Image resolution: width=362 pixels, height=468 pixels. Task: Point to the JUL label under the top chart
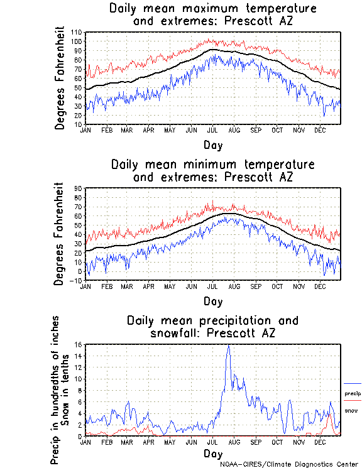[212, 131]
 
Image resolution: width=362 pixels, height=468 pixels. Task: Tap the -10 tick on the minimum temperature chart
[79, 281]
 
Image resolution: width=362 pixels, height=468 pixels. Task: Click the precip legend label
[353, 394]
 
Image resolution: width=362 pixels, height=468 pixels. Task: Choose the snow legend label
[351, 411]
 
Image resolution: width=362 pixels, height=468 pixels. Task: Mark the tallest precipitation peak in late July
[228, 346]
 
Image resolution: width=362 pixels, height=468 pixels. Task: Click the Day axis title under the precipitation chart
[212, 453]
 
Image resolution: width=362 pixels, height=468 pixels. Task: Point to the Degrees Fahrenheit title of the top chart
[60, 78]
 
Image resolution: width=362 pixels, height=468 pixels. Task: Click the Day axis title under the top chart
[212, 145]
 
